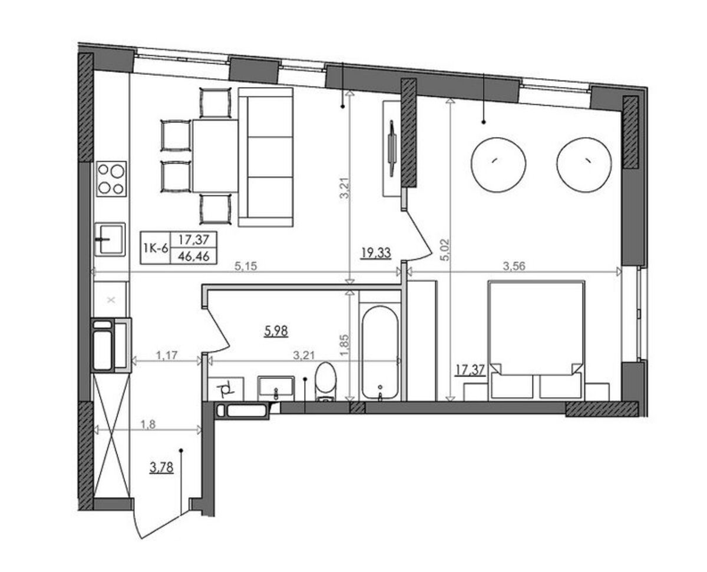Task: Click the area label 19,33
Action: point(376,253)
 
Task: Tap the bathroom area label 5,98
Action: point(276,331)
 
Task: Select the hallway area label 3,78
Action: point(161,467)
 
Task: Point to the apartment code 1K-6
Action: point(156,248)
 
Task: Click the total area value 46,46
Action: point(194,256)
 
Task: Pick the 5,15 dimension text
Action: point(246,266)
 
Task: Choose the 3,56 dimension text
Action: point(514,266)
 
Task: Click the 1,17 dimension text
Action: point(167,355)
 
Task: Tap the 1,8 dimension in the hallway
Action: point(148,424)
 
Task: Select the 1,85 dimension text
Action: point(345,345)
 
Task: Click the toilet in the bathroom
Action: point(325,382)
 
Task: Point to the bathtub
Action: point(380,352)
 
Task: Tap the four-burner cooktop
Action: point(111,179)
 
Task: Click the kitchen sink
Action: point(110,239)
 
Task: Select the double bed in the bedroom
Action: point(536,340)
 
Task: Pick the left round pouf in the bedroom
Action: point(498,165)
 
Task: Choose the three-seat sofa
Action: point(266,157)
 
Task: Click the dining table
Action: point(215,156)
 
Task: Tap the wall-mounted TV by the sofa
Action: point(392,148)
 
